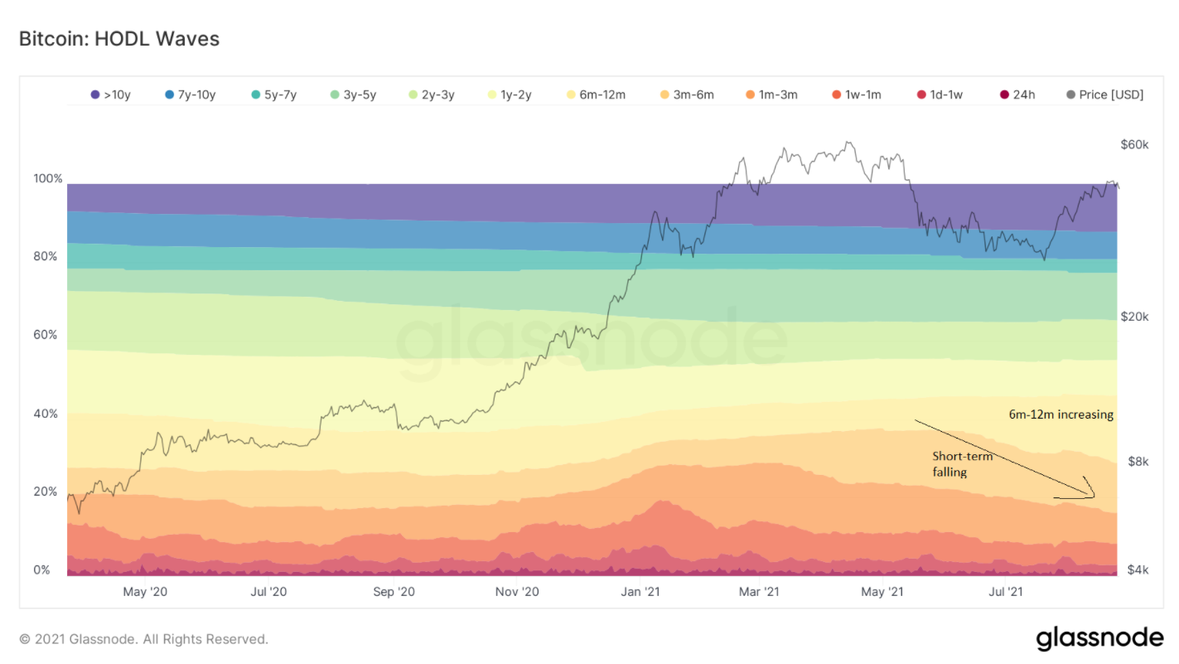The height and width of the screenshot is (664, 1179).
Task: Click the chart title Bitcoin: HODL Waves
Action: point(119,39)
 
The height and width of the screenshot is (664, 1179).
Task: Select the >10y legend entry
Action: point(112,95)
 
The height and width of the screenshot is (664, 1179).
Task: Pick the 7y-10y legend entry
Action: point(190,95)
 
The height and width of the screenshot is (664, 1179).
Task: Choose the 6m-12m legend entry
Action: point(595,95)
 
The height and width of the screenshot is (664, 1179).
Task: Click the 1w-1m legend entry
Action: point(855,95)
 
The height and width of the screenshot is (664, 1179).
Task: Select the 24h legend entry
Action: point(1017,95)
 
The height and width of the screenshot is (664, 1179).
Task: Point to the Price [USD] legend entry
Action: point(1104,95)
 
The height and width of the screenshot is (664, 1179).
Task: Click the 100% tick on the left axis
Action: point(47,179)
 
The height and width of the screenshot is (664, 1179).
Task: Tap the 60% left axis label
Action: point(47,335)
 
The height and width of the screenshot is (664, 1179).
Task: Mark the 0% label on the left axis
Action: point(41,570)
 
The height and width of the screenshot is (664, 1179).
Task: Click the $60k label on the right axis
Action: point(1134,145)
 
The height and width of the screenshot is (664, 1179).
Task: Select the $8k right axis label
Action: point(1138,462)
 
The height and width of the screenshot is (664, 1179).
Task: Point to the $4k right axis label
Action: point(1138,570)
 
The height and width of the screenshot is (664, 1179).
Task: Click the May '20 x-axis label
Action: point(145,592)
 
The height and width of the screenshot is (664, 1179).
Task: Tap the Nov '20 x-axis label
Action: point(517,592)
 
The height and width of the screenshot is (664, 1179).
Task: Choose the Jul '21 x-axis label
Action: point(1005,592)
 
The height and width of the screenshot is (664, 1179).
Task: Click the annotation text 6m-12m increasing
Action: point(1061,414)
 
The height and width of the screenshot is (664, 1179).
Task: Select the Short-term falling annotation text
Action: point(962,464)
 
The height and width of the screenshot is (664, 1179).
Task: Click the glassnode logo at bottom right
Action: point(1099,638)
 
